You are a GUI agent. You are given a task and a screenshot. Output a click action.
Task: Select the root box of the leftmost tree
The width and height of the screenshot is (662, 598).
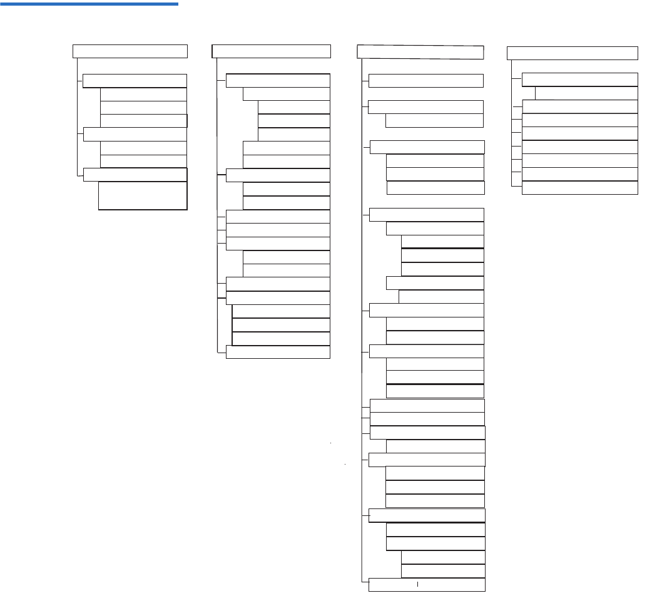pos(130,51)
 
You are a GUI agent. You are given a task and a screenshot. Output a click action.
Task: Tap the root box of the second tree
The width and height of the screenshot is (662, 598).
pos(271,51)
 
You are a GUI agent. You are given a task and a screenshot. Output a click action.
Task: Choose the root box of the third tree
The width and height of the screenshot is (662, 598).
pos(420,52)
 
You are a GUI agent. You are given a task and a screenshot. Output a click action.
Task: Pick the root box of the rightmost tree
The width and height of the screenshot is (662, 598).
pos(572,53)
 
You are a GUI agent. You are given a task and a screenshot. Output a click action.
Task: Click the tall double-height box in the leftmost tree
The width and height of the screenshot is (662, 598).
pos(143,195)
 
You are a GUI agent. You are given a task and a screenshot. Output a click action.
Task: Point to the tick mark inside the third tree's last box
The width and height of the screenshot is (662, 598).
pos(417,584)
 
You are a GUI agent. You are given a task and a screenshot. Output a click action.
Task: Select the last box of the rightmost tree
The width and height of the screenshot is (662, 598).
pos(579,188)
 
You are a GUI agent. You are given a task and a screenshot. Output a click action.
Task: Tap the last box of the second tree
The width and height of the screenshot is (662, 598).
pos(278,352)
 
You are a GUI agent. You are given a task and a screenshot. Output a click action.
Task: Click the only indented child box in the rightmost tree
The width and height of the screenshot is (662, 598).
pos(586,93)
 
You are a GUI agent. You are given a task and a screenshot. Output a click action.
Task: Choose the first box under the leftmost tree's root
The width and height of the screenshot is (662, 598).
pos(135,81)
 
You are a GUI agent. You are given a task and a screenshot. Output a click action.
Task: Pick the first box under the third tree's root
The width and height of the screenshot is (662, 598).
pos(425,81)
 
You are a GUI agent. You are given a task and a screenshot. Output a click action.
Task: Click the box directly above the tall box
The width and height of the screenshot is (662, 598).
pos(135,174)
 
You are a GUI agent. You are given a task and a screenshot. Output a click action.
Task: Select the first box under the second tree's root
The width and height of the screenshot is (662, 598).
pos(277,81)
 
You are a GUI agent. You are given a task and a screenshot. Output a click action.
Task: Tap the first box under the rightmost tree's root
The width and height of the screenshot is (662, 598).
pos(579,80)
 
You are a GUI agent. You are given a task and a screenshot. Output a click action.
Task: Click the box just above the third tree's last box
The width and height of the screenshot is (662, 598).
pos(442,571)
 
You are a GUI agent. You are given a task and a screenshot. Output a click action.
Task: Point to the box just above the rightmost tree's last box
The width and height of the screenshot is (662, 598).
pos(579,174)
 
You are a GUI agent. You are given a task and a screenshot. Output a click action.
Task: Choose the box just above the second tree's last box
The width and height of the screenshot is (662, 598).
pos(281,338)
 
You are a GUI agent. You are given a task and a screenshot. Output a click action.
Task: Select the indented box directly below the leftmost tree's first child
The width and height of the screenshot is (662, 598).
pos(143,94)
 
